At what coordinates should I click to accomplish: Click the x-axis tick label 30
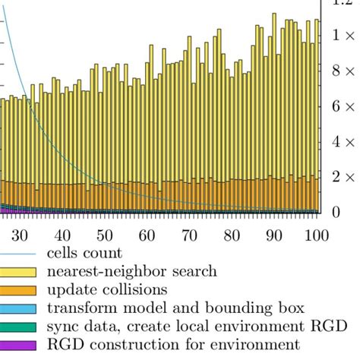tap(20, 234)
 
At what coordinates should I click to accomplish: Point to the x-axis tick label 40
tap(62, 234)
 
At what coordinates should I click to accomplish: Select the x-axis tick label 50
tap(105, 234)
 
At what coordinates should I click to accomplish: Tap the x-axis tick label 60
tap(147, 234)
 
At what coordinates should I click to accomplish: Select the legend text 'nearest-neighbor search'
tap(131, 271)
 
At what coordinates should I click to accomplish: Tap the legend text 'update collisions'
tap(106, 289)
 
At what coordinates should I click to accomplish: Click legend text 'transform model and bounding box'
tap(175, 308)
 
